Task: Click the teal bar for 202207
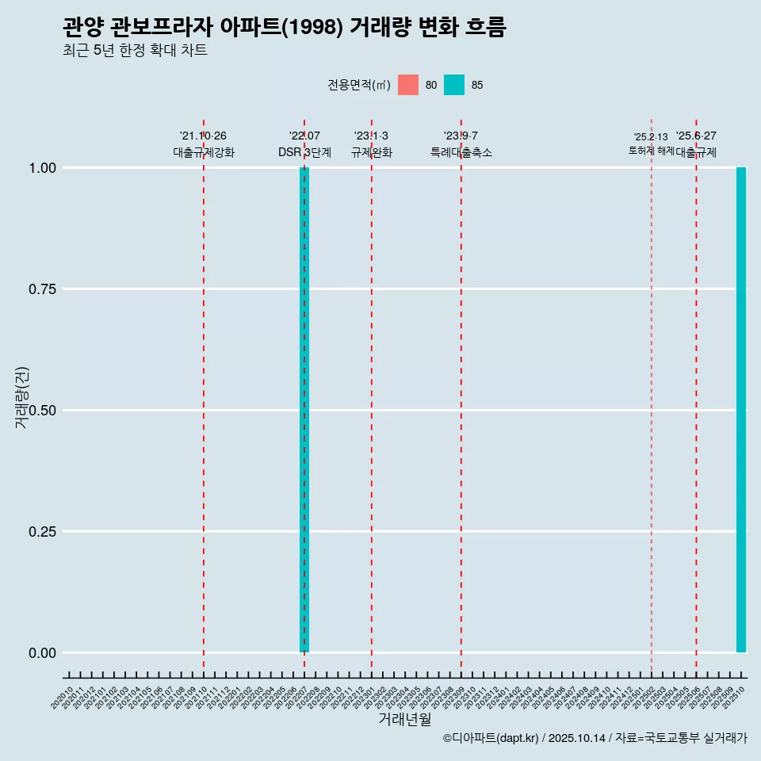pos(304,410)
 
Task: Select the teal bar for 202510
pos(741,410)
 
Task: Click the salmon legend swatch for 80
pos(408,85)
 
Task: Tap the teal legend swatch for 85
pos(454,85)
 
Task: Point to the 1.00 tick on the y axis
pos(42,168)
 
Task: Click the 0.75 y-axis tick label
pos(42,289)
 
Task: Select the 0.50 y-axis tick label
pos(42,411)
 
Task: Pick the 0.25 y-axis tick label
pos(42,532)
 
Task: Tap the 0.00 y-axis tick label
pos(42,653)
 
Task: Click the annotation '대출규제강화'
pos(204,152)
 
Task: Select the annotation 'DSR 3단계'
pos(304,152)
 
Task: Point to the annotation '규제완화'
pos(372,152)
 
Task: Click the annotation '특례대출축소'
pos(461,152)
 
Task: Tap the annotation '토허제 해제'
pos(651,150)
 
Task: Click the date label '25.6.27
pos(696,136)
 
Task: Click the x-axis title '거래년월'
pos(404,720)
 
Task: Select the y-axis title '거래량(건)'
pos(21,398)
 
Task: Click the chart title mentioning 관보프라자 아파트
pos(284,27)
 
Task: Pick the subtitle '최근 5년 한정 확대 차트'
pos(135,51)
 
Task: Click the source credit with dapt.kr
pos(595,738)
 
